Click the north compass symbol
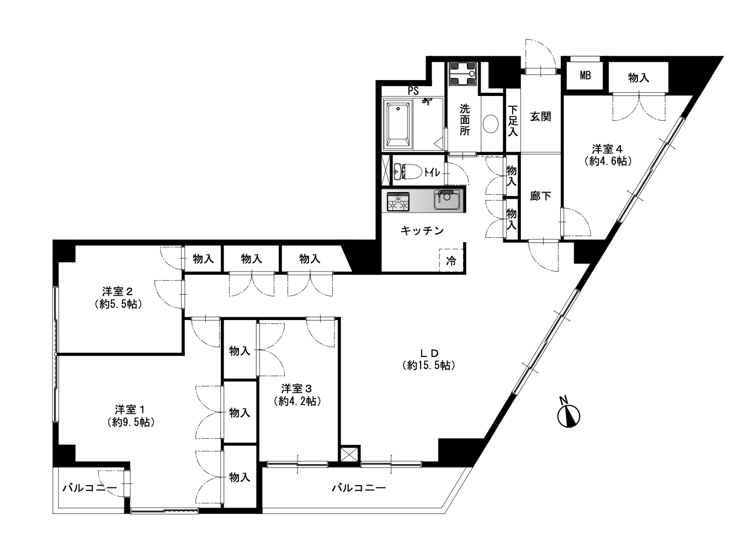[568, 415]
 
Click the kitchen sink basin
[446, 200]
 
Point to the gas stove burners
[398, 202]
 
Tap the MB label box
[585, 76]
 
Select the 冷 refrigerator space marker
[451, 261]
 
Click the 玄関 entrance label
[541, 116]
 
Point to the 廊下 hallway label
[541, 196]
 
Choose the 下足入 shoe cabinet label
[513, 121]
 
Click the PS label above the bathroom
[413, 91]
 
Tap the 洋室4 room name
[608, 148]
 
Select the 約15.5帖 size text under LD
[429, 366]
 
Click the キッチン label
[422, 231]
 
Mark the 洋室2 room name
[118, 291]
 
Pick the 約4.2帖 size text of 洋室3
[297, 401]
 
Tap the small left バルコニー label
[90, 488]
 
